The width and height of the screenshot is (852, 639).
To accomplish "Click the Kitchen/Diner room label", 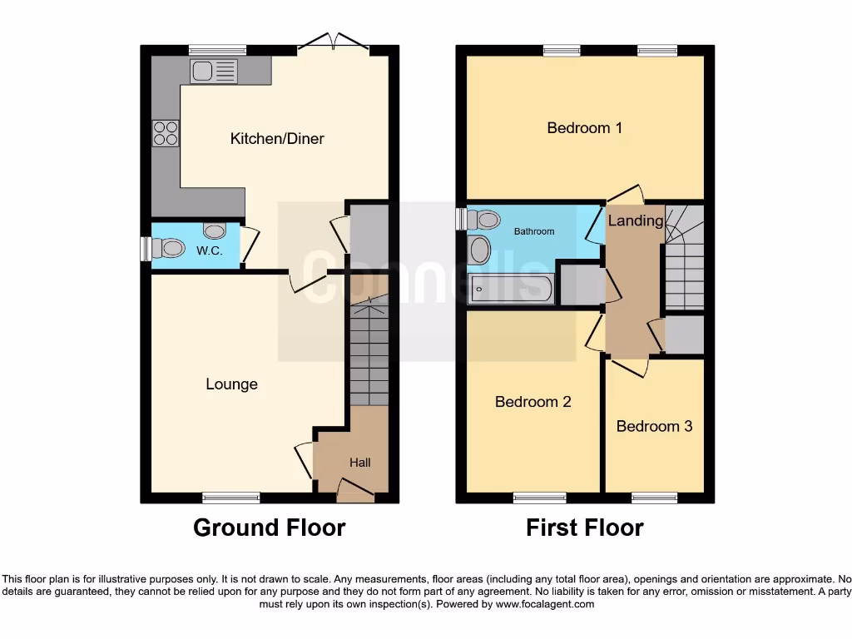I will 277,138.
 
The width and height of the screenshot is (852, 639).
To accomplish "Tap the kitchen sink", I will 214,72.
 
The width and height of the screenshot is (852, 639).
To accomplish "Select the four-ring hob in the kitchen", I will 165,134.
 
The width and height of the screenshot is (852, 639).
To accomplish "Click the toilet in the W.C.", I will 171,247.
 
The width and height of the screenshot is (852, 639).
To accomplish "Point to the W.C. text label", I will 209,250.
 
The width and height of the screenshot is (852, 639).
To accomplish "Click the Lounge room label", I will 231,384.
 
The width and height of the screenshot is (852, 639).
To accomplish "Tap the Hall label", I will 359,463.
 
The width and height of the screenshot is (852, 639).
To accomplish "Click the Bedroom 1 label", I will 584,127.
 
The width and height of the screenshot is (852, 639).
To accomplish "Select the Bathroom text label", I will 533,231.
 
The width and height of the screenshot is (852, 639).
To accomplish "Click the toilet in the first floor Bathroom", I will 483,220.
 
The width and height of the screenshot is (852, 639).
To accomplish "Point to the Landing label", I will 636,220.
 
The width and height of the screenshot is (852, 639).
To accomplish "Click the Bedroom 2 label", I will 532,402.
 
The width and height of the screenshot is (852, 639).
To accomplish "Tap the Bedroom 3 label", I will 654,426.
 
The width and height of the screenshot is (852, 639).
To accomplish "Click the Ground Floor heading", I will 269,528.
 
